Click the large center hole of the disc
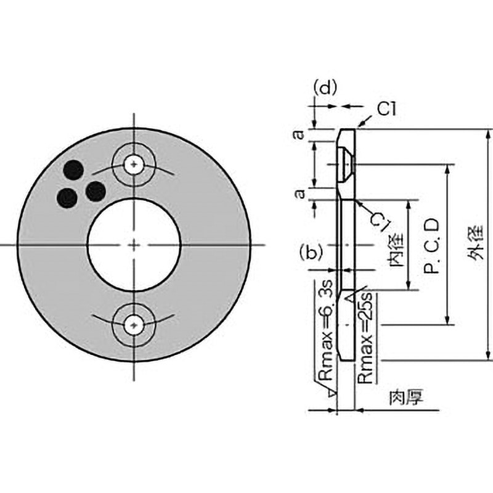pyautogui.click(x=134, y=245)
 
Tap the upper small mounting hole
pyautogui.click(x=134, y=165)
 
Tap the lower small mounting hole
pyautogui.click(x=134, y=325)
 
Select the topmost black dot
pyautogui.click(x=73, y=170)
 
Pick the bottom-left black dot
pyautogui.click(x=67, y=198)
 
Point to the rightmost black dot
pyautogui.click(x=96, y=192)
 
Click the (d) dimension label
pyautogui.click(x=325, y=88)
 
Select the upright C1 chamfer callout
pyautogui.click(x=386, y=110)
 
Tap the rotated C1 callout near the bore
pyautogui.click(x=381, y=221)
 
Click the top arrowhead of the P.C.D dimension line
pyautogui.click(x=448, y=169)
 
